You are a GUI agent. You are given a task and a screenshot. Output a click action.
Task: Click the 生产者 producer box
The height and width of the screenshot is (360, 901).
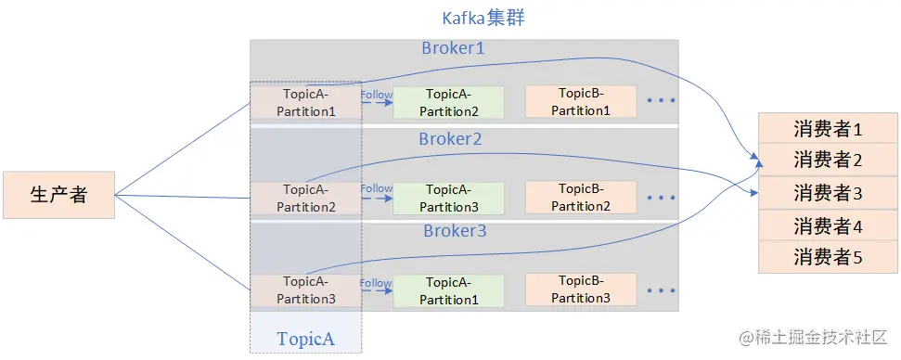pos(58,195)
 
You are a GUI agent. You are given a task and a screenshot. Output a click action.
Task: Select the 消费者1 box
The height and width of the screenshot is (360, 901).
pos(828,129)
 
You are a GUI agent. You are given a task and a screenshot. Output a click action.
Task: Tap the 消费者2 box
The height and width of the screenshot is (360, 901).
pos(828,161)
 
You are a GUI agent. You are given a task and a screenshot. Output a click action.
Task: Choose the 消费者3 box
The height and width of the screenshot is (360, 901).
pos(828,193)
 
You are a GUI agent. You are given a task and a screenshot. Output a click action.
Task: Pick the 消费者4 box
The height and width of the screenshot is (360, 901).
pos(828,225)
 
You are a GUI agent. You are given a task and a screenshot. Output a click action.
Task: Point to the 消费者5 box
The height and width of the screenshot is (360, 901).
pos(828,257)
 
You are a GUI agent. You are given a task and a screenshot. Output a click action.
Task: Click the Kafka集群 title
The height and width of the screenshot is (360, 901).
pos(483,18)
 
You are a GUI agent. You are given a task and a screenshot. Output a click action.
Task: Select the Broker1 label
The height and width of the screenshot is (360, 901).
pos(453,47)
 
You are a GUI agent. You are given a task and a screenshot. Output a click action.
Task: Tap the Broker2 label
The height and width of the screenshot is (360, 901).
pos(450,139)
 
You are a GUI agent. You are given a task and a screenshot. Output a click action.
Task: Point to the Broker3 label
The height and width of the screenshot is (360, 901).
pos(455,231)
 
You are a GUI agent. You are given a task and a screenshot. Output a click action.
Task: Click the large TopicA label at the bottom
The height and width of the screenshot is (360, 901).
pos(305,338)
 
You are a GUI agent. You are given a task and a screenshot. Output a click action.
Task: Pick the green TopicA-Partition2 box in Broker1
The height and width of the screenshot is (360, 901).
pos(449,102)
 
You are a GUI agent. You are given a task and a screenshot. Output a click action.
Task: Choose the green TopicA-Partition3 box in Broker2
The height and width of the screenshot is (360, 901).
pos(449,198)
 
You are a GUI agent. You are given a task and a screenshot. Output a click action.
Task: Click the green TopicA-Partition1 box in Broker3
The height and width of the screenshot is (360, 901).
pos(449,290)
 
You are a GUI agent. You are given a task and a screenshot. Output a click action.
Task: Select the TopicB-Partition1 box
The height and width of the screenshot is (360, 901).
pos(581,102)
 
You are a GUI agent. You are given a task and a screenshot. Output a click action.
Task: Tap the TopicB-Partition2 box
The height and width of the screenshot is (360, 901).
pos(581,198)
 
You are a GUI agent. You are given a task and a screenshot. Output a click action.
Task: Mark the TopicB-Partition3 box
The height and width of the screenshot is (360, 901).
pos(581,289)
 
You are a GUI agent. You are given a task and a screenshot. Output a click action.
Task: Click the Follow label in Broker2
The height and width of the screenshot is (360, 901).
pos(377,188)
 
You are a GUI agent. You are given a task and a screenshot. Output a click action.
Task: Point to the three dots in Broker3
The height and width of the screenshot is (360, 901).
pos(661,290)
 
